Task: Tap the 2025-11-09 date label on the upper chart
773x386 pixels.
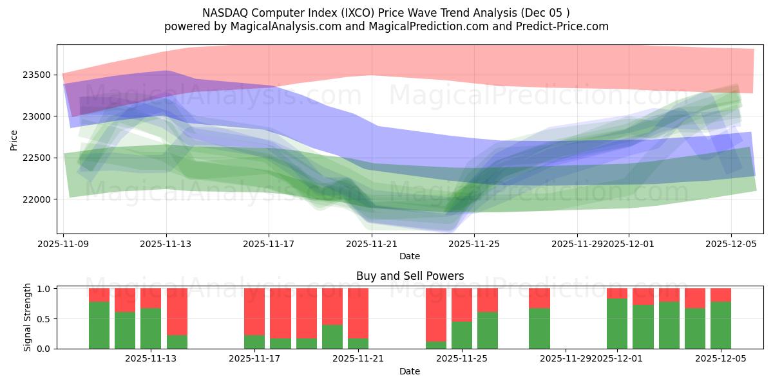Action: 64,244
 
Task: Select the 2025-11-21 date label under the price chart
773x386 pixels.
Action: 372,244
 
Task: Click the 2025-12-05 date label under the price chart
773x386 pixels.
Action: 731,244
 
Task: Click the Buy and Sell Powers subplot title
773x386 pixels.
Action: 410,276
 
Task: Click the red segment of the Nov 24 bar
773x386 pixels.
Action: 436,315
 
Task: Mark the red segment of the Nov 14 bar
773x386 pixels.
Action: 177,311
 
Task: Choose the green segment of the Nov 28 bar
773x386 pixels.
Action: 539,328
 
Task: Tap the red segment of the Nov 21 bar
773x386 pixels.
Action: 358,313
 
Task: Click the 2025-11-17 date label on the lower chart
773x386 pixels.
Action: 255,358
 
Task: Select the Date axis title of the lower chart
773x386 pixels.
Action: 410,371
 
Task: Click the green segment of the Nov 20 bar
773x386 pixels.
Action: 332,336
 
